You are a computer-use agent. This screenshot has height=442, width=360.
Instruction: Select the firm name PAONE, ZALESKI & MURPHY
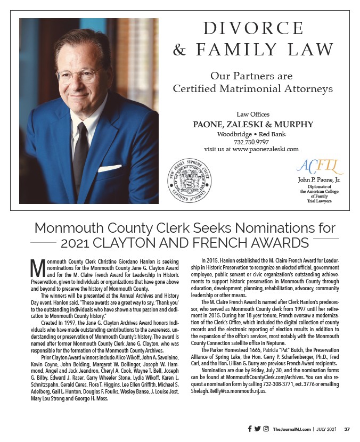point(253,125)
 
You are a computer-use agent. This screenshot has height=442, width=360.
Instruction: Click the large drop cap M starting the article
point(36,267)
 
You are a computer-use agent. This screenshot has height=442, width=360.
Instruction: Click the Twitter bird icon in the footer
point(258,429)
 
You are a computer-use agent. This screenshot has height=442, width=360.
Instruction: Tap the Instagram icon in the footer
point(266,429)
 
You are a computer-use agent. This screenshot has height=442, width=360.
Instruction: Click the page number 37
point(347,429)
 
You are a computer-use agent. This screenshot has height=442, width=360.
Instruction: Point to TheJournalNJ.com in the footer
point(291,429)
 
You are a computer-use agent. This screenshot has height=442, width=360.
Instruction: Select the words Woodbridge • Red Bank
point(253,134)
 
